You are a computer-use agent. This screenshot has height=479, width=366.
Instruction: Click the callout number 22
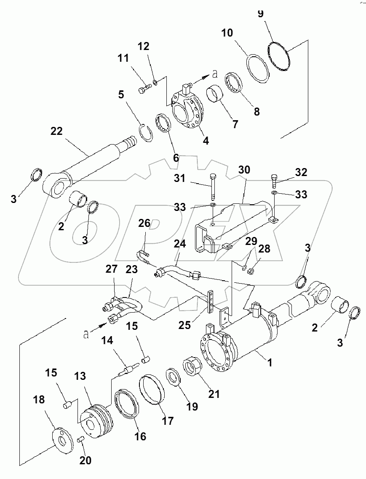[57, 131]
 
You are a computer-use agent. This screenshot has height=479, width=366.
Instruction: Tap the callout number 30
[244, 170]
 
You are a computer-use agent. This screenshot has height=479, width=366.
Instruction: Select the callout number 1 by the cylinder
[270, 363]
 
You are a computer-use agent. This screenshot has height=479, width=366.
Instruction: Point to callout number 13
[80, 376]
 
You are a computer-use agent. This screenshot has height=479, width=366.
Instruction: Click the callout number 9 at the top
[261, 14]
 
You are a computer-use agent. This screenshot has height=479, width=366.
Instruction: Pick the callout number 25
[184, 325]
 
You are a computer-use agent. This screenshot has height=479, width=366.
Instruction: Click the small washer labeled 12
[155, 82]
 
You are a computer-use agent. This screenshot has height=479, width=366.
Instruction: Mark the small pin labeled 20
[81, 440]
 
